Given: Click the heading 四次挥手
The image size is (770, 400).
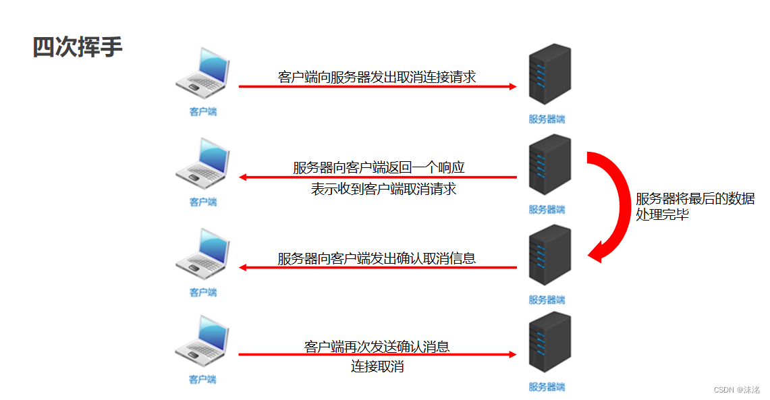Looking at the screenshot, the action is click(x=78, y=47).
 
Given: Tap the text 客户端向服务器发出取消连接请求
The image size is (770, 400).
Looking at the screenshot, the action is click(x=377, y=77).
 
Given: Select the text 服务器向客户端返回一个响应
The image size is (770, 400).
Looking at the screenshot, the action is click(x=379, y=167).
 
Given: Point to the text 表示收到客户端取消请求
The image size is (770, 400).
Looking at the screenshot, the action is click(x=383, y=189).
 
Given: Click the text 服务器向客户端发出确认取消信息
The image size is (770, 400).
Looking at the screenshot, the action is click(x=377, y=258).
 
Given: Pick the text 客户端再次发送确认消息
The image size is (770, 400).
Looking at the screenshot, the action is click(x=377, y=347).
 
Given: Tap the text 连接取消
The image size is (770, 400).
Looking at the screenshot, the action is click(x=377, y=367).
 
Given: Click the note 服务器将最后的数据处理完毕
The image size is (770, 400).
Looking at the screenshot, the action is click(x=694, y=207).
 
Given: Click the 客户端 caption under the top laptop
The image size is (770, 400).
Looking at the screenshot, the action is click(x=203, y=112).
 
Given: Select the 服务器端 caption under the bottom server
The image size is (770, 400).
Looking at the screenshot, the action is click(x=547, y=387).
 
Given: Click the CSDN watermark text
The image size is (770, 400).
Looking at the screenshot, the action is click(x=736, y=390).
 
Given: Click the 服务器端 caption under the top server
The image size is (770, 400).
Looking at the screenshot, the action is click(x=547, y=119).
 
